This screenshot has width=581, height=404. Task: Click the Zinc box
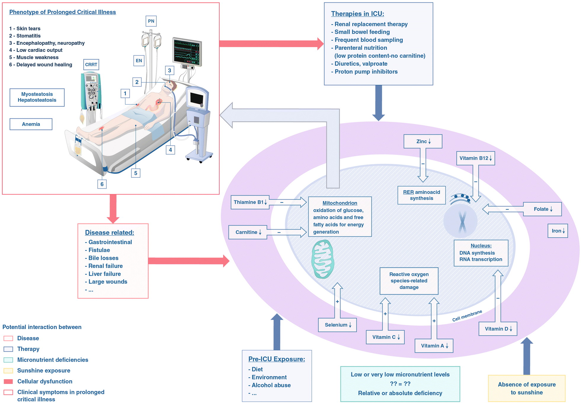coord(422,141)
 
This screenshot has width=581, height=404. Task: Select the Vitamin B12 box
coord(475,158)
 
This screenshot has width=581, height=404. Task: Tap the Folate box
coord(542,209)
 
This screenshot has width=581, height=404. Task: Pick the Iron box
coord(558,231)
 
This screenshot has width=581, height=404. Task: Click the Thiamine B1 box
coord(250,202)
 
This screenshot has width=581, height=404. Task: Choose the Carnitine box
coord(248,232)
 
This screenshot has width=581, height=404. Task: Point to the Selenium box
coord(337,325)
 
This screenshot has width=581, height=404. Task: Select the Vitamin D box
coord(498,329)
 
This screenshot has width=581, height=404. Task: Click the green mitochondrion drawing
coord(323,259)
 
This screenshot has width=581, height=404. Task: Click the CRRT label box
coord(91,65)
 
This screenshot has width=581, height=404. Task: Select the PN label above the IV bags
coord(151,21)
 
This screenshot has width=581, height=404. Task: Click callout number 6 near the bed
coord(102,184)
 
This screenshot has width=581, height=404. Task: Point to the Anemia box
coord(31,124)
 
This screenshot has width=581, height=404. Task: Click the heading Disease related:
coord(109,233)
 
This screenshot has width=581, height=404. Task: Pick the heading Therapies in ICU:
coord(357,14)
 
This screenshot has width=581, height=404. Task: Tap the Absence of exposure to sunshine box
coord(526,388)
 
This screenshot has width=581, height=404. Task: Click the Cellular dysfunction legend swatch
coord(8,381)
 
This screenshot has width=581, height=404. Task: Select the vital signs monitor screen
coord(187,52)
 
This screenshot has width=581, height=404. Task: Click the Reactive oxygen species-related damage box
coord(409,281)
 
